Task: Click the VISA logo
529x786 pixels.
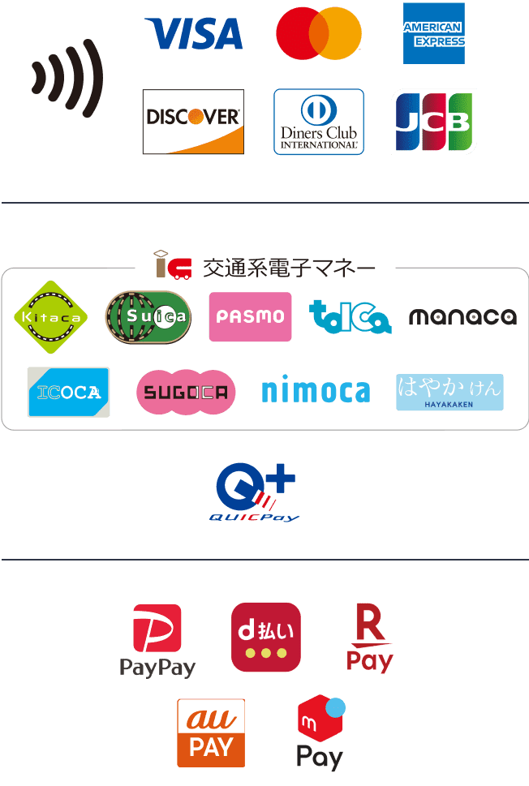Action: pyautogui.click(x=194, y=33)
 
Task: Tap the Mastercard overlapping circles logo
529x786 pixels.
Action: pyautogui.click(x=318, y=33)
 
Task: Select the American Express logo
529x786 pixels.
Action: pyautogui.click(x=434, y=33)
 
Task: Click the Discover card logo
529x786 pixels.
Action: pyautogui.click(x=193, y=121)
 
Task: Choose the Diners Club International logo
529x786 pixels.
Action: pyautogui.click(x=319, y=122)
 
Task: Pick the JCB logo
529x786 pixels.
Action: pyautogui.click(x=433, y=122)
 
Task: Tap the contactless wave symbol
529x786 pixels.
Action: pyautogui.click(x=68, y=78)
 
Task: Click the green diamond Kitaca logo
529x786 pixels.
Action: pyautogui.click(x=52, y=317)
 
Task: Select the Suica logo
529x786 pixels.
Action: pyautogui.click(x=148, y=317)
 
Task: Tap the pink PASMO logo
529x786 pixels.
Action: pyautogui.click(x=250, y=317)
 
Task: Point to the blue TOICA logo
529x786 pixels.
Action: pyautogui.click(x=351, y=317)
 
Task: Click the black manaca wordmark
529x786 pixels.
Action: pyautogui.click(x=462, y=317)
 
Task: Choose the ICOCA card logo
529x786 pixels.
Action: pyautogui.click(x=68, y=393)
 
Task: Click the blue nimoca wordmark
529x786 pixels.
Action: pyautogui.click(x=316, y=393)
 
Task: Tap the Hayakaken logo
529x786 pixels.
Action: pyautogui.click(x=449, y=393)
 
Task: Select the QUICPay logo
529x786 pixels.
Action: pyautogui.click(x=256, y=494)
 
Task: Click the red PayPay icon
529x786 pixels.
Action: pyautogui.click(x=157, y=629)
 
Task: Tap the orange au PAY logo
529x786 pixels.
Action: pyautogui.click(x=211, y=732)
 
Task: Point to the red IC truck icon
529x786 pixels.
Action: pyautogui.click(x=174, y=266)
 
